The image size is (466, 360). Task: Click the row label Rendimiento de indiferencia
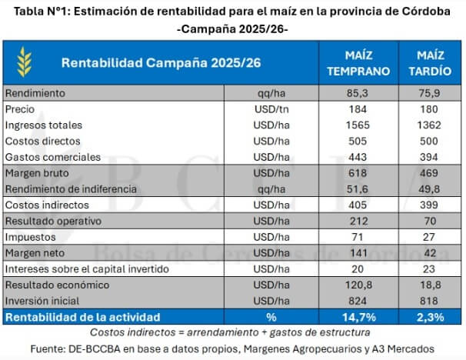coord(71,189)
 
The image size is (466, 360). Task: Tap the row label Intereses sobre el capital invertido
coord(90,269)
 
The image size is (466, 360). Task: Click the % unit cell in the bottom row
coord(271,317)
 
